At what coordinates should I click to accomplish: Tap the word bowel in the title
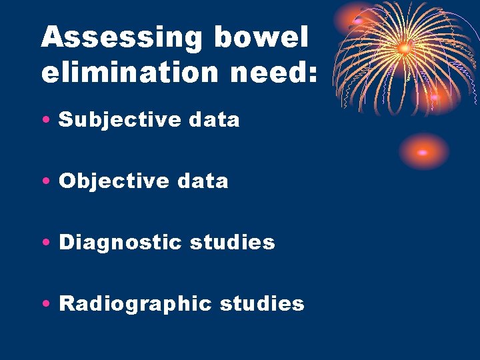pos(261,38)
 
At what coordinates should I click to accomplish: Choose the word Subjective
pos(110,120)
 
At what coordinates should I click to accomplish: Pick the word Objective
pos(105,181)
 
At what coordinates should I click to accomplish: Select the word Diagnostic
pos(119,242)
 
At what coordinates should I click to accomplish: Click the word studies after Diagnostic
pos(232,242)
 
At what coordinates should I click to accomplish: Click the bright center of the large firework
pos(404,48)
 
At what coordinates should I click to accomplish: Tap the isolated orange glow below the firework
pos(423,152)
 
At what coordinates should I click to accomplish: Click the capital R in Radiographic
pos(67,304)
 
